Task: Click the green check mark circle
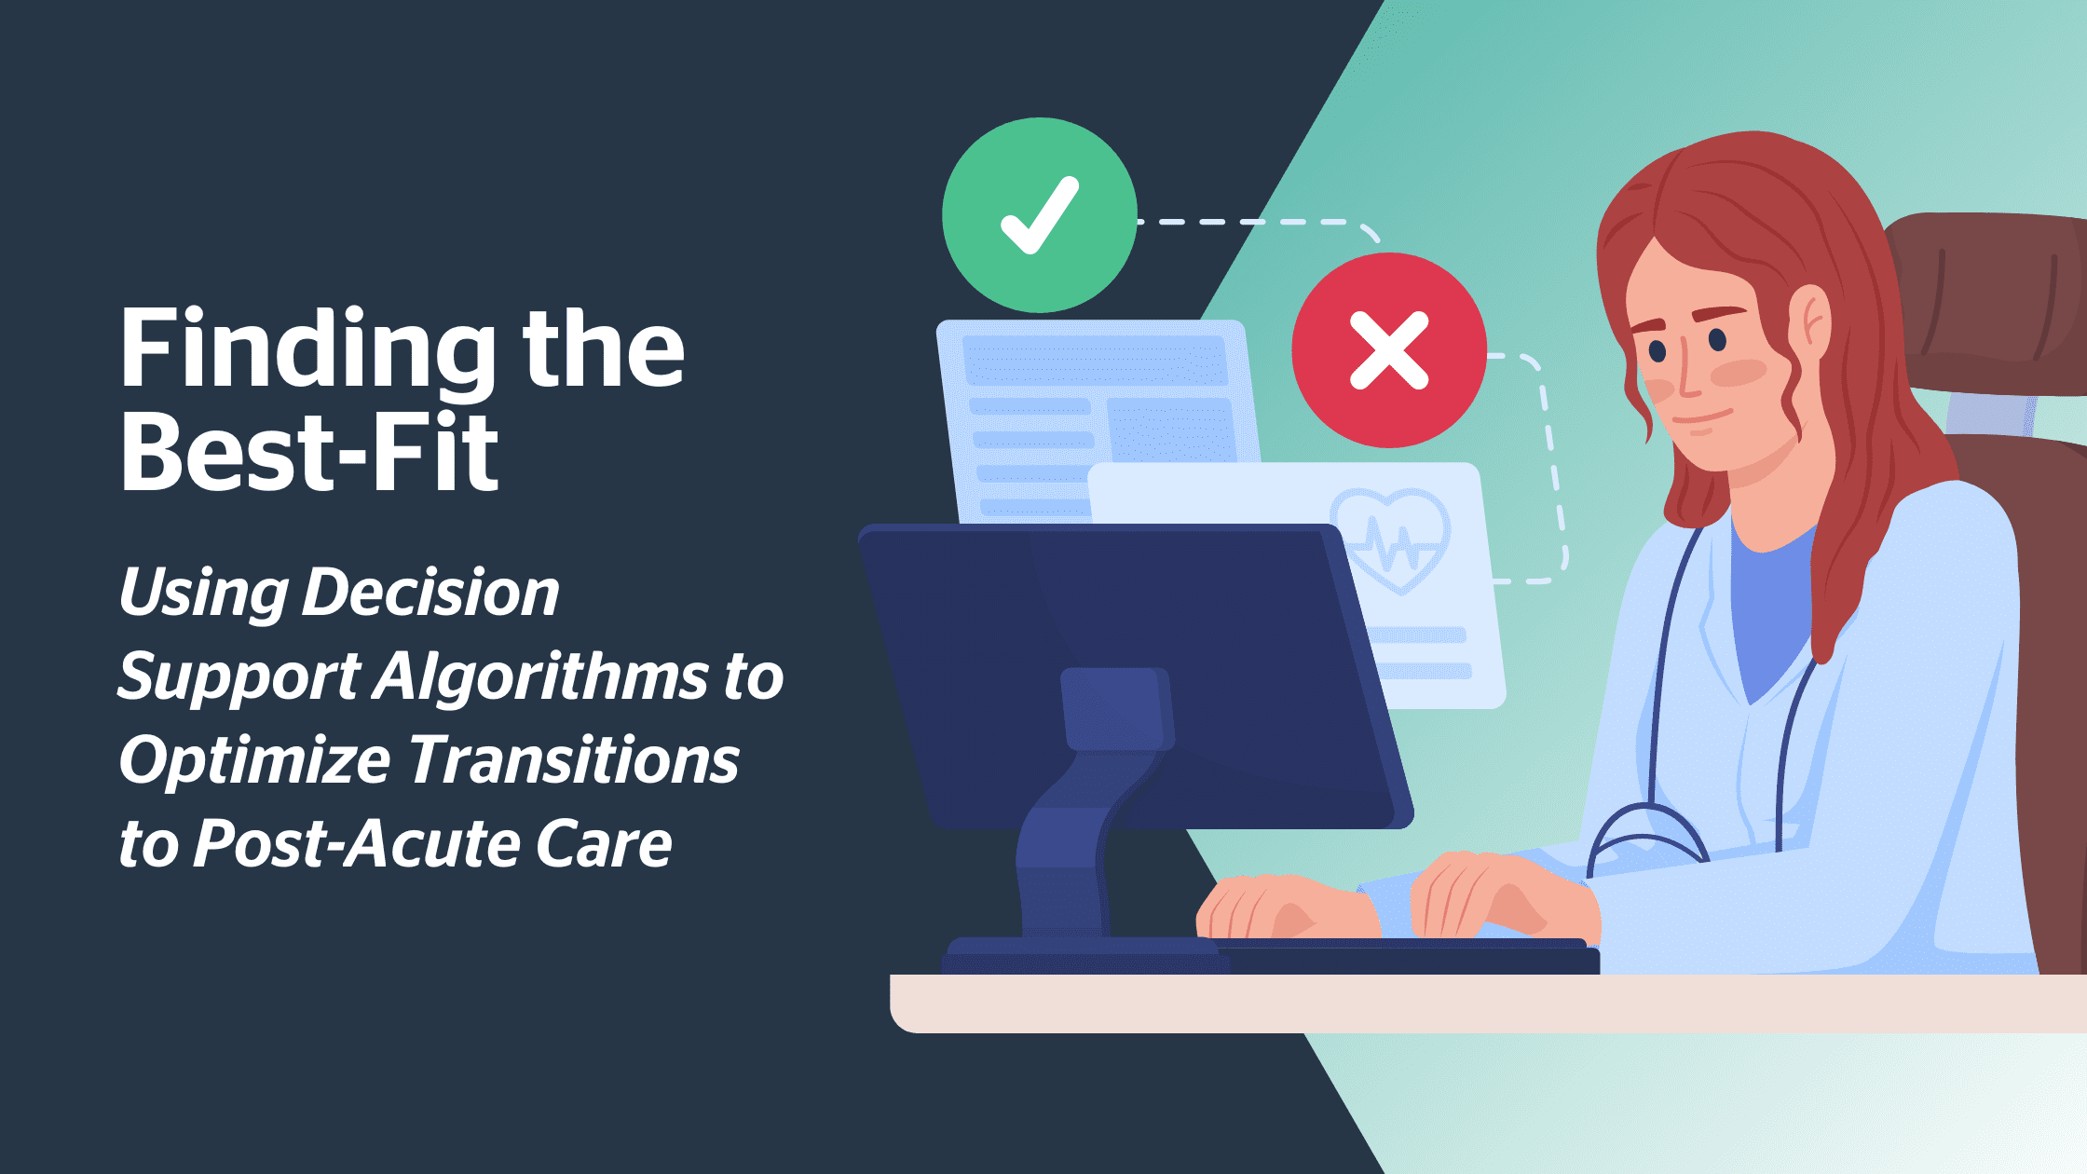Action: click(x=1039, y=215)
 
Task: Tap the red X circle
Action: click(x=1389, y=350)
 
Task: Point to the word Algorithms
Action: click(x=541, y=676)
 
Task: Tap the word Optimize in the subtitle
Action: click(x=254, y=761)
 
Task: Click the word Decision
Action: click(x=430, y=593)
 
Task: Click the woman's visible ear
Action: click(x=1807, y=322)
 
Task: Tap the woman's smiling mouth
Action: click(x=1703, y=418)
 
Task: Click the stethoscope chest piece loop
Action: click(x=1646, y=839)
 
